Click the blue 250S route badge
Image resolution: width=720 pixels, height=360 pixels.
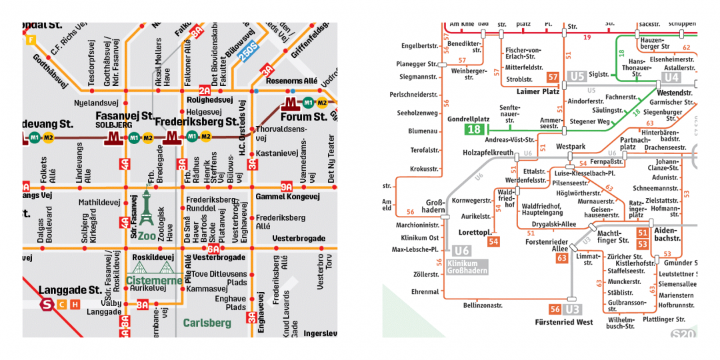tap(249, 53)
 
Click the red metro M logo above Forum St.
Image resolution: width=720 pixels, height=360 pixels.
tap(289, 103)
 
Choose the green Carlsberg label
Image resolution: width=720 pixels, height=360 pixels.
tap(207, 323)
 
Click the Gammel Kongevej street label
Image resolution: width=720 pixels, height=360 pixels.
tap(287, 197)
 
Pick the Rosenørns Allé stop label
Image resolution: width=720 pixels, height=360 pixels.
tap(292, 81)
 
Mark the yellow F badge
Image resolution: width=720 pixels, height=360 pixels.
tap(30, 39)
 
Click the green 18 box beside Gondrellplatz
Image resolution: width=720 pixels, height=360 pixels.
tap(474, 129)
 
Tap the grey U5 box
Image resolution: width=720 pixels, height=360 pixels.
tap(577, 77)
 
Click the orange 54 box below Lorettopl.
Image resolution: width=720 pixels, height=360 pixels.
tap(493, 241)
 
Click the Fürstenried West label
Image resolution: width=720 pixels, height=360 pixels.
tap(563, 323)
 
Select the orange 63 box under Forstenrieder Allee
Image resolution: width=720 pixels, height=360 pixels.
tap(561, 258)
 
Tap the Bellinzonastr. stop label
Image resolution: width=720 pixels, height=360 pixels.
tap(482, 305)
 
